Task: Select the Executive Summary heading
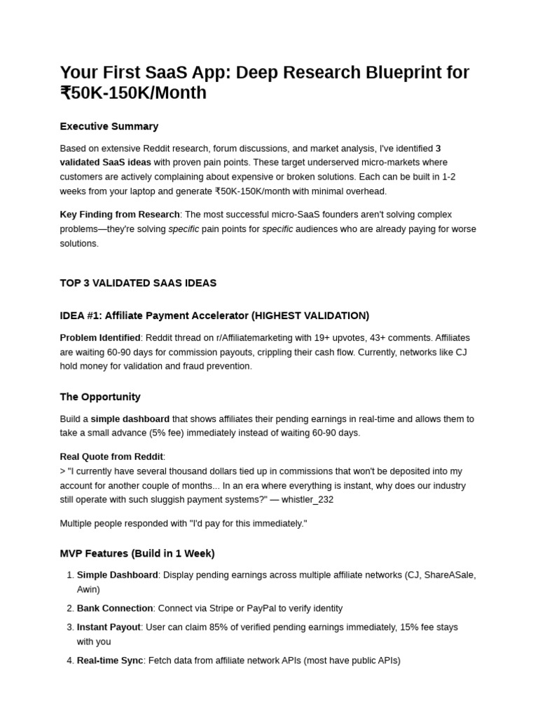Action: click(x=109, y=126)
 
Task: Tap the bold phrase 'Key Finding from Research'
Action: click(x=120, y=215)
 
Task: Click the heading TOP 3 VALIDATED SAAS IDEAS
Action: click(x=138, y=283)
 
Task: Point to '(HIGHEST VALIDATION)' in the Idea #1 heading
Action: click(x=310, y=316)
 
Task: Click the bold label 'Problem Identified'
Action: click(x=100, y=338)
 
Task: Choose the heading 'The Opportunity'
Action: click(x=100, y=397)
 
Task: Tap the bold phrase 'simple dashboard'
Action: click(x=130, y=419)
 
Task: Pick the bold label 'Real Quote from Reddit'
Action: click(x=111, y=456)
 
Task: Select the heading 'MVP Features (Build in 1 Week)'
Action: click(x=137, y=553)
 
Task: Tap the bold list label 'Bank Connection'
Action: click(x=115, y=608)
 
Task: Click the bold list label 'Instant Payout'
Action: click(x=109, y=627)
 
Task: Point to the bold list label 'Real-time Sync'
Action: click(x=110, y=661)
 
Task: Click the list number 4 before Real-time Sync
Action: click(x=69, y=661)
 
